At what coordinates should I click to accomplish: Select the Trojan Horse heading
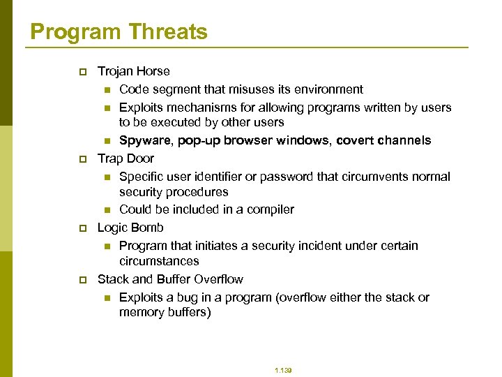click(x=134, y=71)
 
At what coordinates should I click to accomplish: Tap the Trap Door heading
click(x=125, y=158)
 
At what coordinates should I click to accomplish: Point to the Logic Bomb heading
click(x=130, y=228)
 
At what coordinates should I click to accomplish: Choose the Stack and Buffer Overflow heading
click(x=170, y=279)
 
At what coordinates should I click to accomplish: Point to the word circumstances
click(x=159, y=261)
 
